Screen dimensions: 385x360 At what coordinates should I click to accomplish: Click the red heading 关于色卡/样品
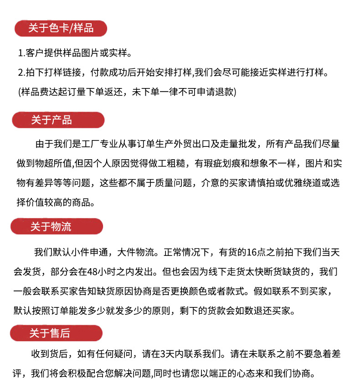(x=61, y=28)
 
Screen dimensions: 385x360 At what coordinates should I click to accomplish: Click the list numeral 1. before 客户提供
(x=21, y=53)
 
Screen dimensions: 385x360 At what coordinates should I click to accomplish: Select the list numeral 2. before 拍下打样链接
(x=21, y=73)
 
